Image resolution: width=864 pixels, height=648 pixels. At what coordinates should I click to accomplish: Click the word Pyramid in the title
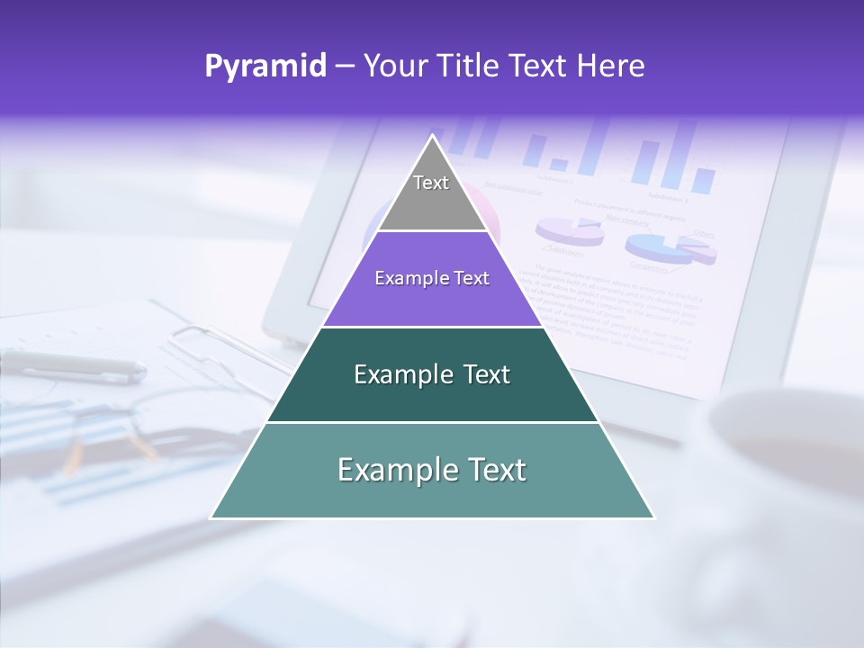(x=265, y=66)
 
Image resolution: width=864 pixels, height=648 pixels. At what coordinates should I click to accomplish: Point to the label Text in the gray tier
(x=431, y=184)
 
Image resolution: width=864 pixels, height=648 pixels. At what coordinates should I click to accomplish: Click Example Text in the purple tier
(x=432, y=279)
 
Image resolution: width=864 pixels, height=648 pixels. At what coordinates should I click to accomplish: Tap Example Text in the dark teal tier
(x=432, y=374)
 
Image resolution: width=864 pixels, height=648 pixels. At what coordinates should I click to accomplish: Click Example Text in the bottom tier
(x=432, y=470)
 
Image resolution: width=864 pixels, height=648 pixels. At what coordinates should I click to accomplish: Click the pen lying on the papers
(x=72, y=364)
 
